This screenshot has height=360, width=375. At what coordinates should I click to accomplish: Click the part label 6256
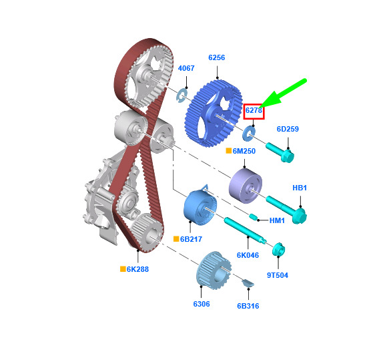pyautogui.click(x=216, y=57)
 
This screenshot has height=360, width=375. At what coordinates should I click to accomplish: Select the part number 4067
pyautogui.click(x=186, y=68)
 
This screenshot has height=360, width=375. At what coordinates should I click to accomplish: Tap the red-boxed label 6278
pyautogui.click(x=254, y=110)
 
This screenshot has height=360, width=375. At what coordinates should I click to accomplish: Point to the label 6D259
pyautogui.click(x=288, y=129)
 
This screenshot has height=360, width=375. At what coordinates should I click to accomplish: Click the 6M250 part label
pyautogui.click(x=244, y=151)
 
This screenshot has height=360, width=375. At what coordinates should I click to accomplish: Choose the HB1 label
pyautogui.click(x=300, y=188)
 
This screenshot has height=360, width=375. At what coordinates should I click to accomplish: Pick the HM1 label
pyautogui.click(x=277, y=220)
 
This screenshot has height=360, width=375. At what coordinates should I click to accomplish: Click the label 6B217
pyautogui.click(x=191, y=239)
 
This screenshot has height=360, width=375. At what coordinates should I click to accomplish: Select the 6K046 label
pyautogui.click(x=248, y=255)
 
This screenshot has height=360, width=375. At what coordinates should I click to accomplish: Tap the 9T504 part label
pyautogui.click(x=278, y=275)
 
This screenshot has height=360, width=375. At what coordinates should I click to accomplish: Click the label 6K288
pyautogui.click(x=137, y=269)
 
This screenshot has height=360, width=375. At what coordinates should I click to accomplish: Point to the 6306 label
pyautogui.click(x=202, y=304)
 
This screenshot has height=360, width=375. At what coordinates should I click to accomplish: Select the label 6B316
pyautogui.click(x=248, y=306)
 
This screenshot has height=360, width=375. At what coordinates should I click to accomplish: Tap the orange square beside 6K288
pyautogui.click(x=123, y=269)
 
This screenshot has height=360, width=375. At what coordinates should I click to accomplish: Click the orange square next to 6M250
pyautogui.click(x=229, y=150)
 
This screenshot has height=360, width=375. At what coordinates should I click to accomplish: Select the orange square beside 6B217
pyautogui.click(x=176, y=239)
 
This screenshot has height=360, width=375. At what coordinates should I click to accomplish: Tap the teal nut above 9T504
pyautogui.click(x=278, y=249)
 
